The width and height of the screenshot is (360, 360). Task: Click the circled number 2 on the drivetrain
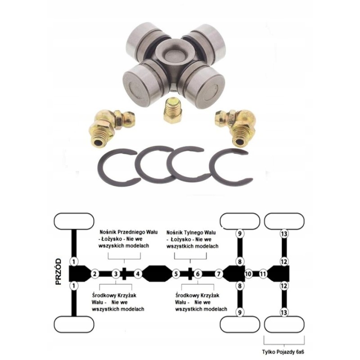94,273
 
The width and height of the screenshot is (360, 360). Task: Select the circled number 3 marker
115,273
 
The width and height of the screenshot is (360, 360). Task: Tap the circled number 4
138,273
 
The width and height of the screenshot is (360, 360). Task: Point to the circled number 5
176,273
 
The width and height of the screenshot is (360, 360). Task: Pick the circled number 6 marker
197,273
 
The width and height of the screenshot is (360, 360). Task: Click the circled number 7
219,273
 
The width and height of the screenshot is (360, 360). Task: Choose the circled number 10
247,273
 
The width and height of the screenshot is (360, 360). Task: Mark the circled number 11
263,273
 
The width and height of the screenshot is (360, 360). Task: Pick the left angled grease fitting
108,126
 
